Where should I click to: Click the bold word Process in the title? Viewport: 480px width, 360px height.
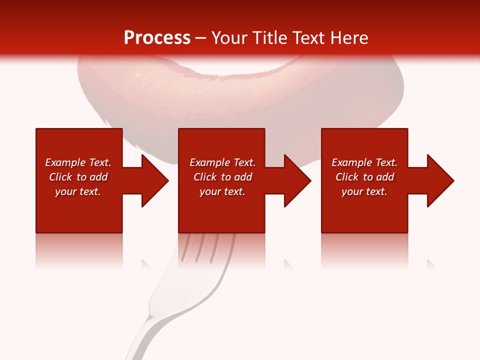(x=157, y=37)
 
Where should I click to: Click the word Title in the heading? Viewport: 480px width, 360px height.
(x=268, y=37)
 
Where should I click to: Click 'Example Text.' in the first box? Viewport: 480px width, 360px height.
(x=78, y=162)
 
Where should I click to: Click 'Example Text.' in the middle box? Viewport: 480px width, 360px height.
(x=222, y=162)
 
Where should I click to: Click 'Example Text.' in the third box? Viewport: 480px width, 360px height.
(x=364, y=162)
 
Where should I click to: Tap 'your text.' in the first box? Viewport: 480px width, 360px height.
(x=78, y=191)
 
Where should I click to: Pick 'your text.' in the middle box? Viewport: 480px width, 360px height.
(x=222, y=191)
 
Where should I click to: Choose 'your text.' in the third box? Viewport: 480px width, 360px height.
(x=364, y=191)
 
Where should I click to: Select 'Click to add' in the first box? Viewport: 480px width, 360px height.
(x=78, y=177)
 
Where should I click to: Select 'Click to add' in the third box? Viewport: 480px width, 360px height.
(x=364, y=177)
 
